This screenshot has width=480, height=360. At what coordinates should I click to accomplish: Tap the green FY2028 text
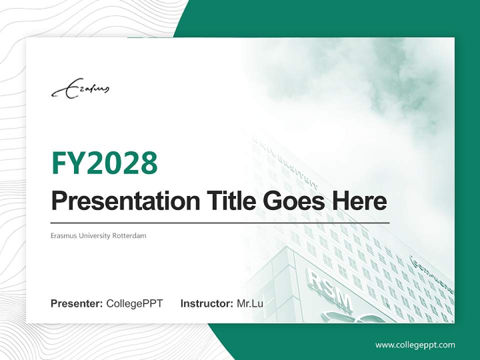tap(104, 163)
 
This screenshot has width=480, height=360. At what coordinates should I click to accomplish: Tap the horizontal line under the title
tap(220, 222)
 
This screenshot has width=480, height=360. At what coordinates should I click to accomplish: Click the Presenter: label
tap(77, 303)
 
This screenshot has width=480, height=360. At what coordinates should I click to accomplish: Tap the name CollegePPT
tap(134, 303)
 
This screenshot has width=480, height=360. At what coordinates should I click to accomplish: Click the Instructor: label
tap(206, 303)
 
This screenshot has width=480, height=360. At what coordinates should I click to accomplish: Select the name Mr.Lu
tap(250, 303)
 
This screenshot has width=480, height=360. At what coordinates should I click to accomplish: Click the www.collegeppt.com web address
tap(415, 345)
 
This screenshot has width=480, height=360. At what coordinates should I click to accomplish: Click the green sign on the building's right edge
tap(430, 275)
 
